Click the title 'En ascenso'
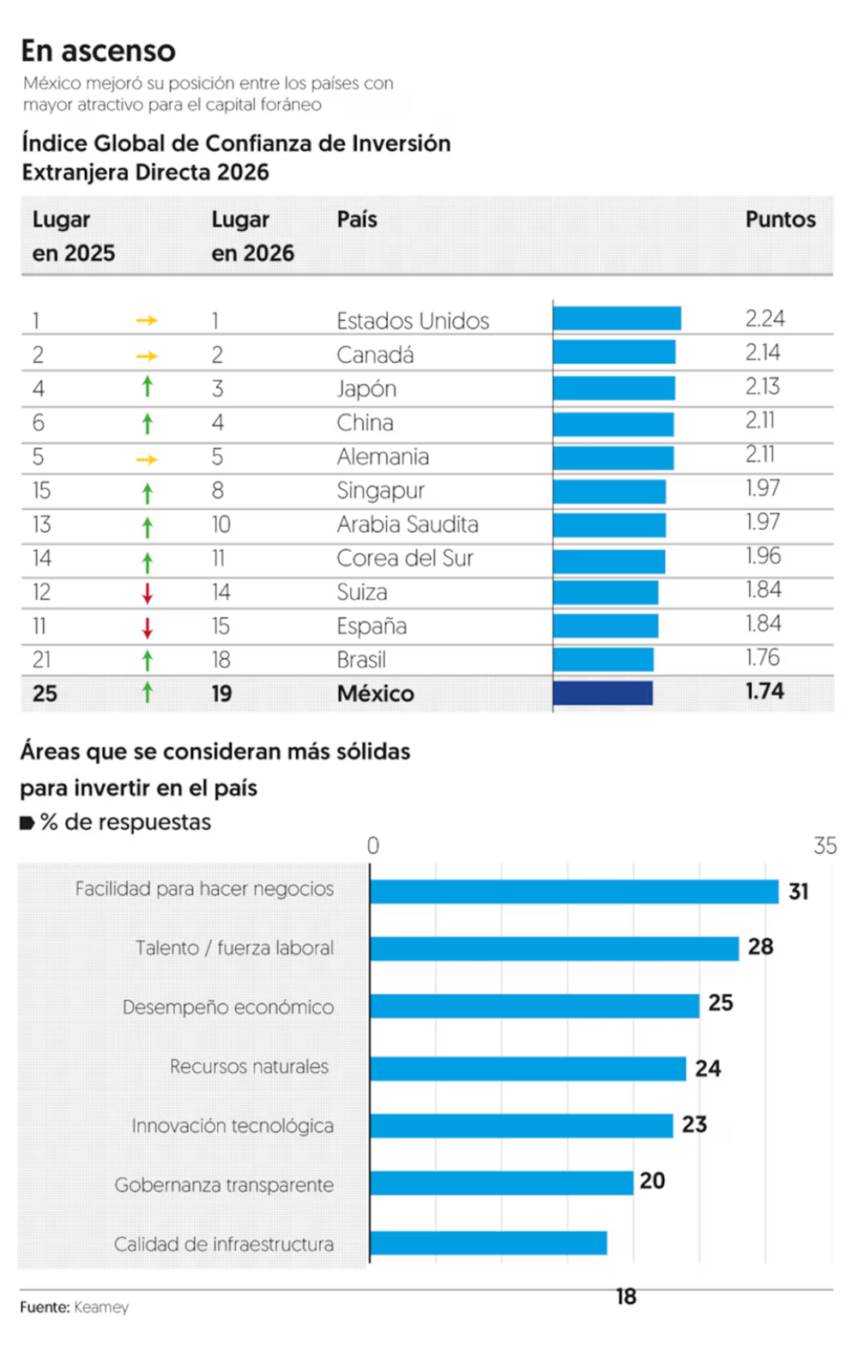[x=98, y=51]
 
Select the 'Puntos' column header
[x=780, y=220]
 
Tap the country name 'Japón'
[x=366, y=389]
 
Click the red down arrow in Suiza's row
[x=148, y=593]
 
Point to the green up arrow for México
[x=148, y=693]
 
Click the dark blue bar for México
[x=602, y=694]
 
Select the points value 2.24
[x=764, y=319]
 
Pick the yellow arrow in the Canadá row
[x=147, y=355]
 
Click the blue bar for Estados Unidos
[x=617, y=319]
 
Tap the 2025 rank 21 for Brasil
[x=41, y=660]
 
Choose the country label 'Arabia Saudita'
[x=408, y=524]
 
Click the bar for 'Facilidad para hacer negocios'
[x=574, y=892]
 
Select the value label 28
[x=760, y=947]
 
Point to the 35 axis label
[x=825, y=846]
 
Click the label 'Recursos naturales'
[x=249, y=1067]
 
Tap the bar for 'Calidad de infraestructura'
[x=488, y=1243]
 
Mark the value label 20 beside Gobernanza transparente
[x=652, y=1181]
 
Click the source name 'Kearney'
[x=101, y=1307]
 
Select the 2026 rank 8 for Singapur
[x=218, y=491]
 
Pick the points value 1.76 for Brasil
[x=762, y=658]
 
